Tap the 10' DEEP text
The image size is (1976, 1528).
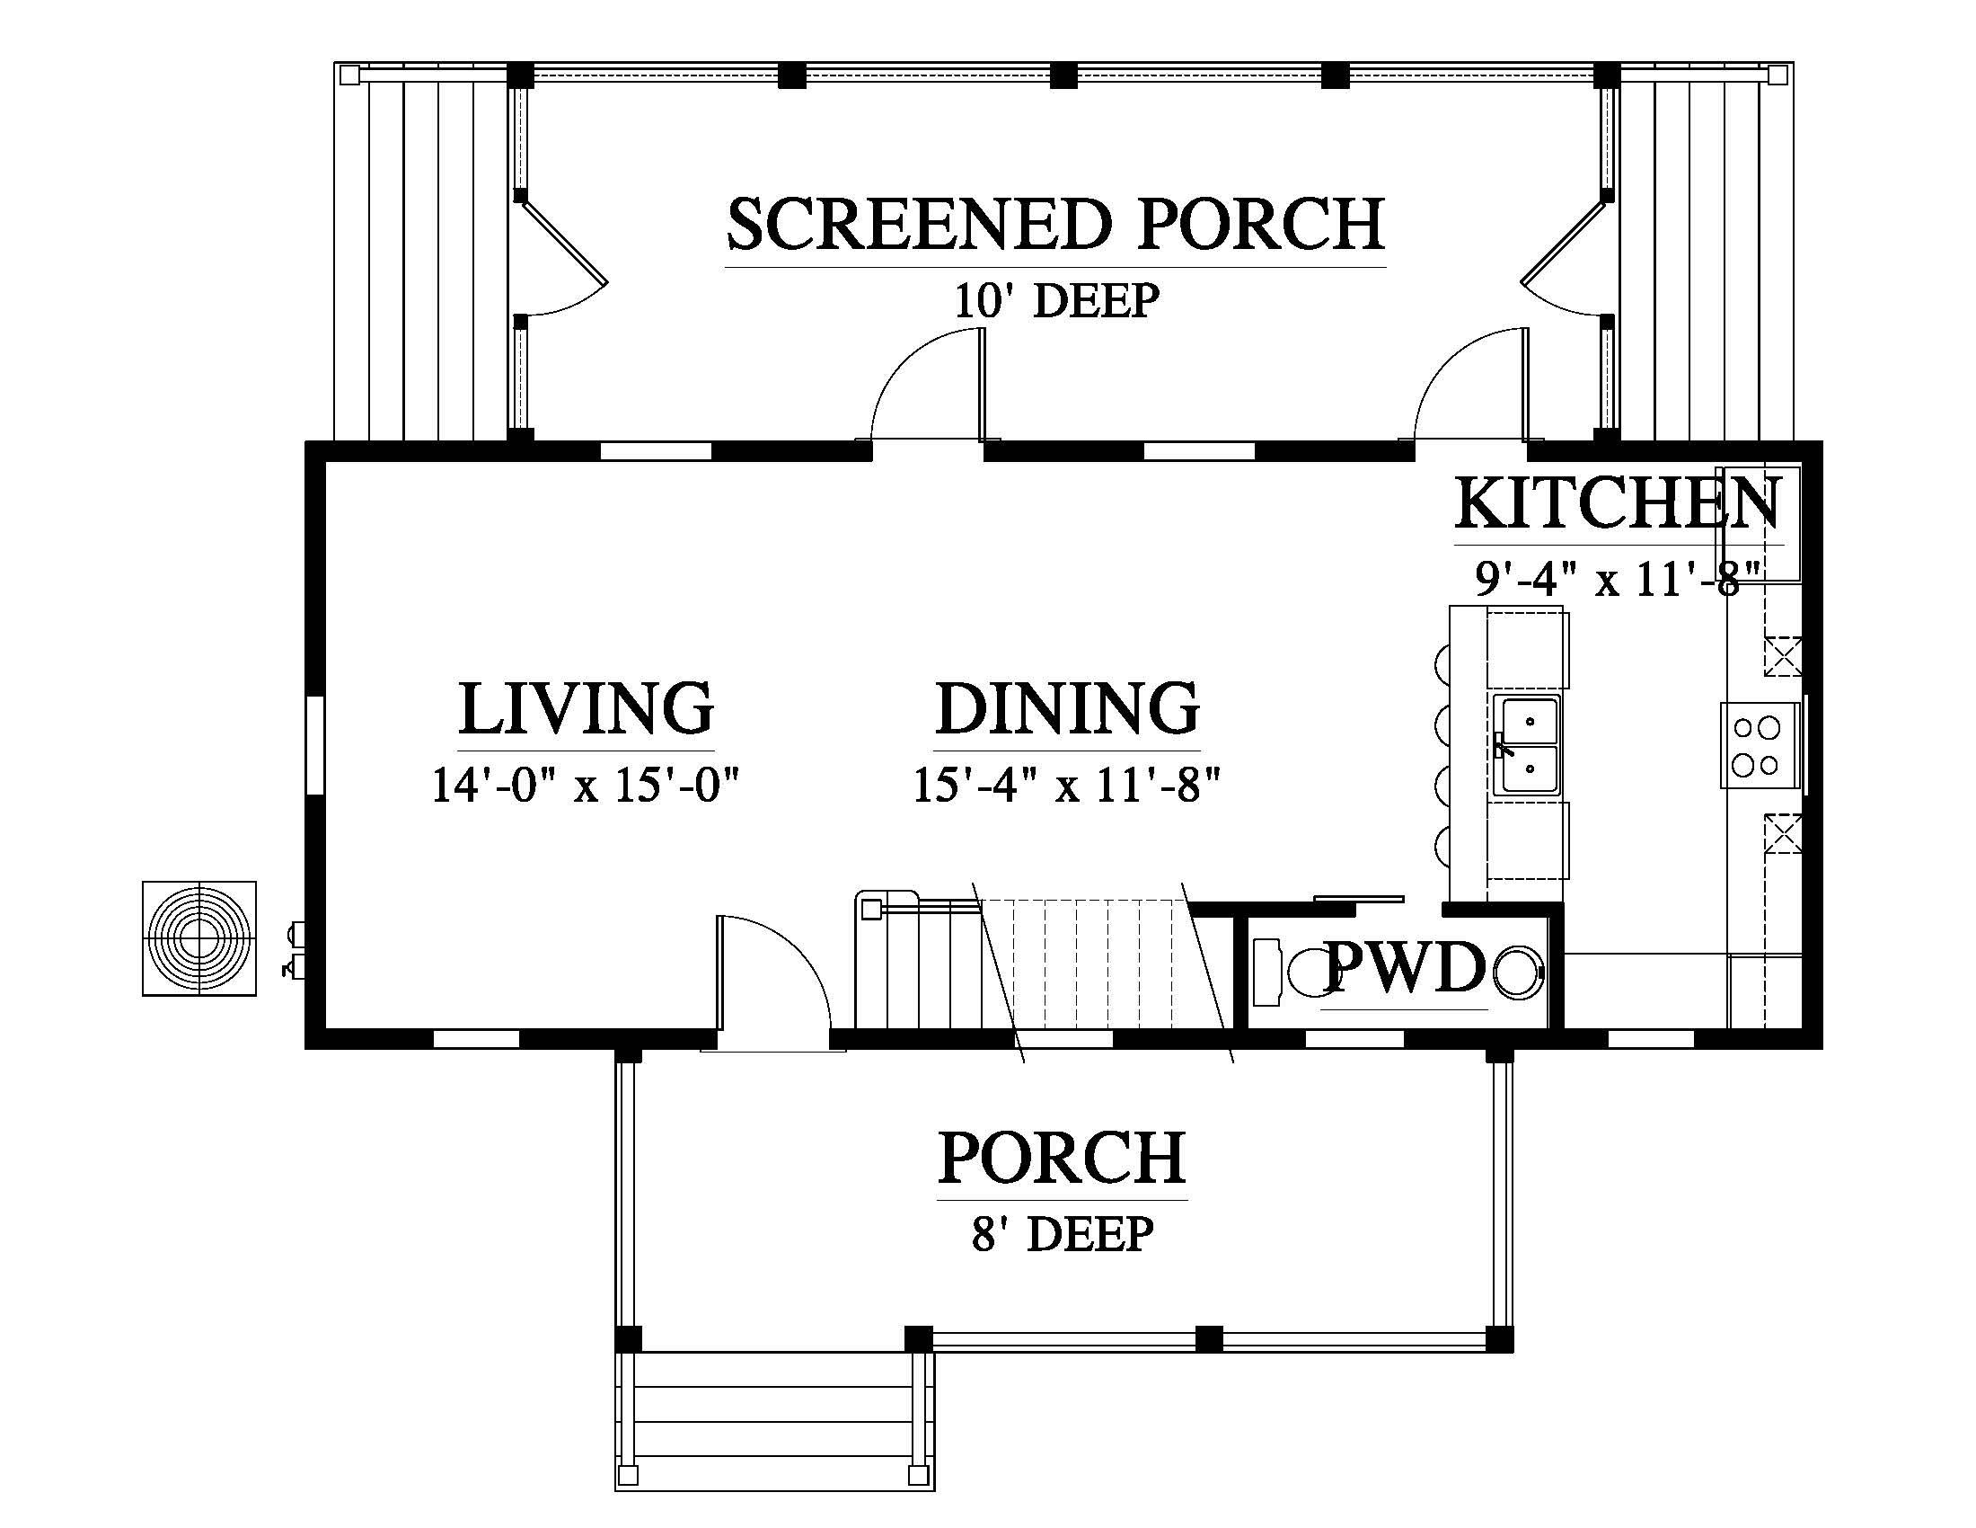(x=1057, y=300)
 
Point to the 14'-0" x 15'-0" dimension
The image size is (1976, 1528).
(x=586, y=785)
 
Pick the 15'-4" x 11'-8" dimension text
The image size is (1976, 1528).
(x=1068, y=785)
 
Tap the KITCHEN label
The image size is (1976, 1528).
(x=1619, y=503)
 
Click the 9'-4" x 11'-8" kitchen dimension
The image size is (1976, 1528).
(x=1619, y=580)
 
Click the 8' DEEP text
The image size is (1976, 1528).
(x=1063, y=1233)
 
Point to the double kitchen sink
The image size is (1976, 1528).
(x=1525, y=746)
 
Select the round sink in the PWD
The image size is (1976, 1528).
(x=1517, y=973)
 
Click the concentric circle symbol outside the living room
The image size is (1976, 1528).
(x=199, y=937)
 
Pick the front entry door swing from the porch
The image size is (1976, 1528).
(x=774, y=983)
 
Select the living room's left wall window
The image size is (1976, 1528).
(x=314, y=745)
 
